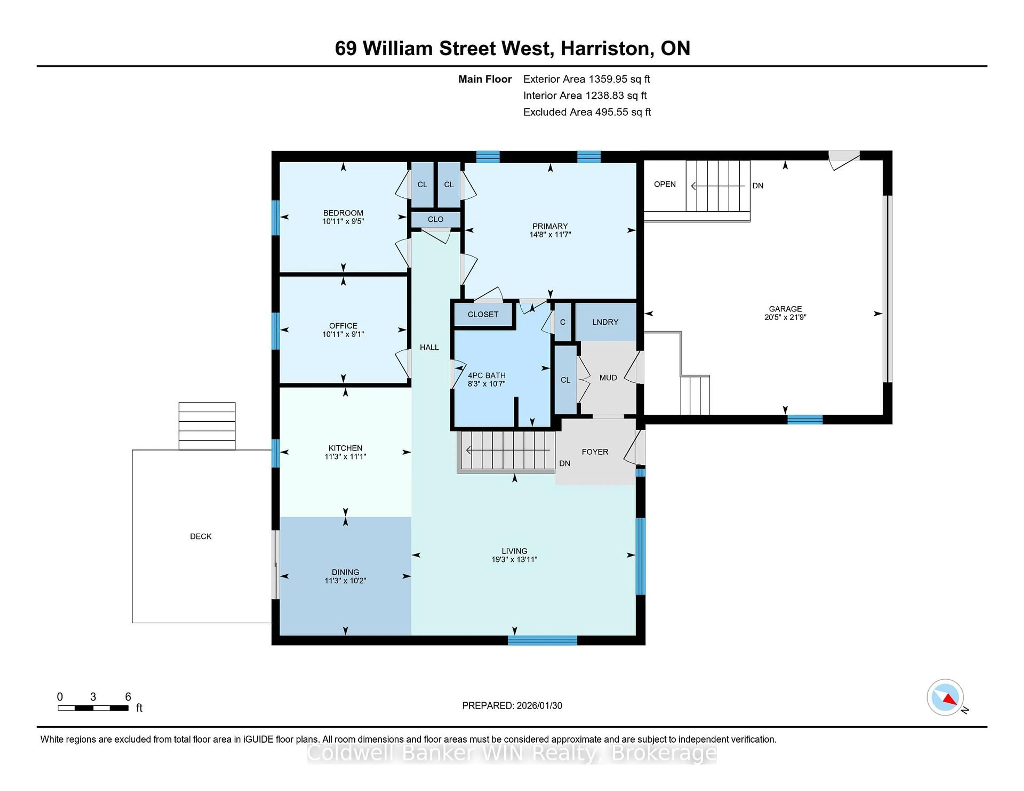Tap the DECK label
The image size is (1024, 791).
[201, 536]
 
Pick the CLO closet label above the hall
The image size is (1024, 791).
[435, 219]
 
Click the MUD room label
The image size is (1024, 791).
[608, 378]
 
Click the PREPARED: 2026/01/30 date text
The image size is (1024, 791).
[512, 706]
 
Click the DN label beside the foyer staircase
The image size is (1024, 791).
[565, 463]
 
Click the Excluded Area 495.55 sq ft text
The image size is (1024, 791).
[587, 112]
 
